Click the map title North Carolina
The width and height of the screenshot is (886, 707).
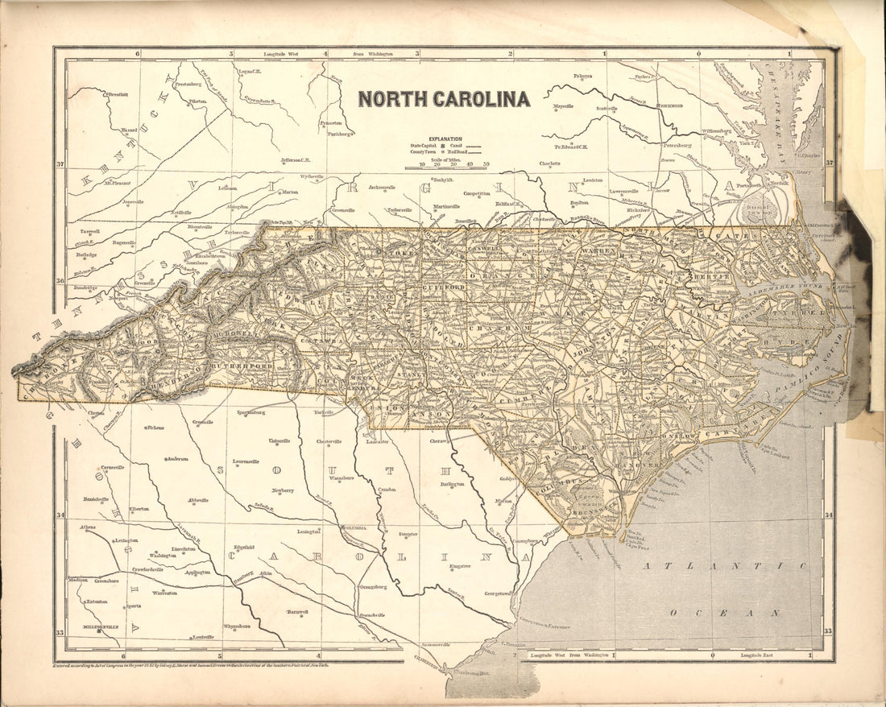coord(444,99)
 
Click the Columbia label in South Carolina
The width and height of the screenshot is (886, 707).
coord(355,528)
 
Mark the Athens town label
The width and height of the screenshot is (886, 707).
coord(88,527)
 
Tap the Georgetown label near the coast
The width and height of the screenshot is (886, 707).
coord(497,593)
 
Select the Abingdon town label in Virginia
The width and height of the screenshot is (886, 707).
coord(238,206)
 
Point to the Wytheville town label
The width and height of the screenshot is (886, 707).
coord(311,176)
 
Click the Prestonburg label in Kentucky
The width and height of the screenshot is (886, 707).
coord(187,84)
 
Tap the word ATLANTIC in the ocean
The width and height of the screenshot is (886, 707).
coord(733,566)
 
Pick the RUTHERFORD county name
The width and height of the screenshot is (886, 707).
coord(239,365)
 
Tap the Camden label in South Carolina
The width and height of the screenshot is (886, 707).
coord(387,490)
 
